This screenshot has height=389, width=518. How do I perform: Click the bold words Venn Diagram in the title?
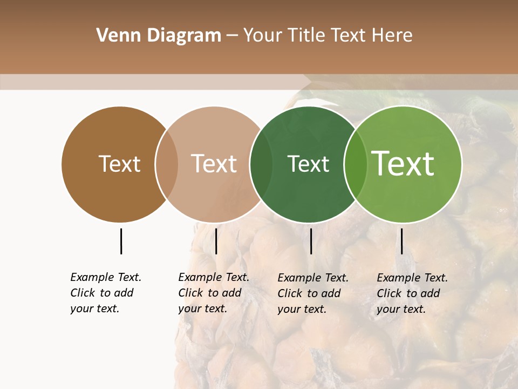click(159, 36)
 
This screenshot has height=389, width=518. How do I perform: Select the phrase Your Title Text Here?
click(328, 36)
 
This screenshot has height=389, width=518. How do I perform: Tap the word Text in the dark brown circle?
click(119, 164)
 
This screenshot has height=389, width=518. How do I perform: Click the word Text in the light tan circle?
click(214, 164)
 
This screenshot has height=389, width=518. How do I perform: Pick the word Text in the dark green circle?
click(308, 164)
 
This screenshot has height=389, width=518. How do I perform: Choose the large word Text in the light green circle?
click(403, 164)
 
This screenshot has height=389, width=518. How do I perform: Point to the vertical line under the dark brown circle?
click(121, 241)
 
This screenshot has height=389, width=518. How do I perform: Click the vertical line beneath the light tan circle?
click(216, 241)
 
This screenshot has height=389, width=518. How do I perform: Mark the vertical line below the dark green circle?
click(311, 241)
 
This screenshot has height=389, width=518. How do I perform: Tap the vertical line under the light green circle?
click(401, 241)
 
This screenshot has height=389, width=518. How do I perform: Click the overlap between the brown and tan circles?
click(167, 164)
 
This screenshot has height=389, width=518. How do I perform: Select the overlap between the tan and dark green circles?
click(261, 164)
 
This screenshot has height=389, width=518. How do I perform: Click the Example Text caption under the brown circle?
click(106, 293)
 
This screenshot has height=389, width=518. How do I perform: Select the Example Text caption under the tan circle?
click(214, 293)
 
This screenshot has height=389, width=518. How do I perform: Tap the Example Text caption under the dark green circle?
click(313, 293)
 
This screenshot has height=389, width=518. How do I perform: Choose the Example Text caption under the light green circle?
click(412, 293)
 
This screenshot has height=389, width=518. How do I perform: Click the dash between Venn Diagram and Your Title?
click(232, 36)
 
